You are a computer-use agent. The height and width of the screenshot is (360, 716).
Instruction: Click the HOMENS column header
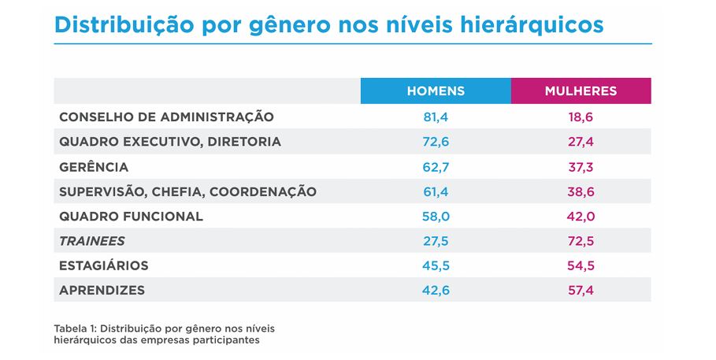coord(436,91)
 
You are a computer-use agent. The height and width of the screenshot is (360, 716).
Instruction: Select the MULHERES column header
coord(581,91)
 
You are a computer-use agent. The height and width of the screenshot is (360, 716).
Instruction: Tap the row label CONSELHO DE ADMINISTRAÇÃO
coord(166,117)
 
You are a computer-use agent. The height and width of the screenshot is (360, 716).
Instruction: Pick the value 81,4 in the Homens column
coord(436,117)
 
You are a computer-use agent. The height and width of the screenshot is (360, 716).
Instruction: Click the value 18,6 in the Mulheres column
coord(581,117)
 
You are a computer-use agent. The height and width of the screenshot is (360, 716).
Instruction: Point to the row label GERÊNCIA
coord(94,167)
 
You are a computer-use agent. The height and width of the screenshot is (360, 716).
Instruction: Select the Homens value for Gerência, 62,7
coord(436,167)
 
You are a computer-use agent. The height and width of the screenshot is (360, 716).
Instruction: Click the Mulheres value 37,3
coord(581,167)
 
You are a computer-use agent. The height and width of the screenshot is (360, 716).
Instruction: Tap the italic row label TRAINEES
coord(92,241)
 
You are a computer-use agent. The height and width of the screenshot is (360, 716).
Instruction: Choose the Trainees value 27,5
coord(436,241)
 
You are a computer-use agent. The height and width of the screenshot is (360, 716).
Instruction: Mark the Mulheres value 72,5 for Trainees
coord(581,241)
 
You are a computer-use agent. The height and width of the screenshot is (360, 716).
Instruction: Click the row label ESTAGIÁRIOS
coord(104,265)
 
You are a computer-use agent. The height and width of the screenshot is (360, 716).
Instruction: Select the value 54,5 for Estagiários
coord(581,265)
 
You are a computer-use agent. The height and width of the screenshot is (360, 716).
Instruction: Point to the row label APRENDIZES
coord(102,290)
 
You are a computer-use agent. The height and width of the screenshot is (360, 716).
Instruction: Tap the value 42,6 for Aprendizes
coord(436,290)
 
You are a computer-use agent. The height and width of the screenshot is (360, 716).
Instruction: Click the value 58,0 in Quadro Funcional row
coord(436,216)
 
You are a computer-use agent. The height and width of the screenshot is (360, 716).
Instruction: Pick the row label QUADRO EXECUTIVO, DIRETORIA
coord(169,142)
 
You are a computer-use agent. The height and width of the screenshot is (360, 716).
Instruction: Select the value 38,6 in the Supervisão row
coord(581,191)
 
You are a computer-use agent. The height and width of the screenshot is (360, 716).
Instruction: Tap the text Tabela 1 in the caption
coord(76,328)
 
